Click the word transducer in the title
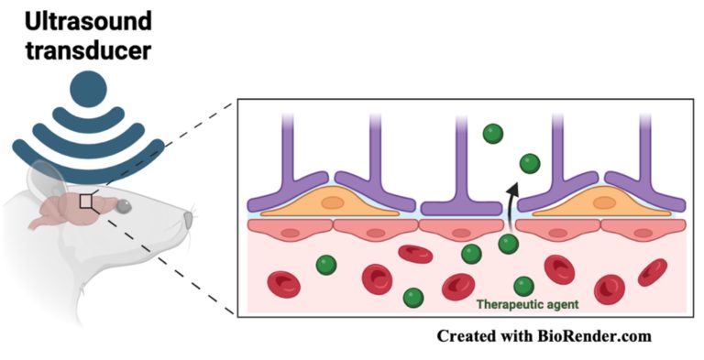click(82, 49)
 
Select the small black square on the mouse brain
click(87, 202)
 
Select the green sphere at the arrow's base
click(508, 244)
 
